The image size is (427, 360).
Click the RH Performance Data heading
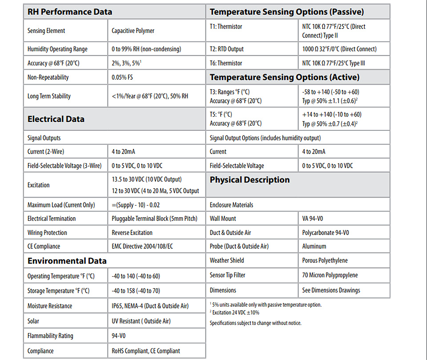point(70,12)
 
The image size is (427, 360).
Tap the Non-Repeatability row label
point(48,77)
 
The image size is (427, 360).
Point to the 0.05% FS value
point(122,77)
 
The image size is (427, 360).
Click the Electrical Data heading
point(56,119)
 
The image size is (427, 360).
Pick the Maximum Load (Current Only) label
point(61,205)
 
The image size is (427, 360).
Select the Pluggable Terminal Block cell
point(154,218)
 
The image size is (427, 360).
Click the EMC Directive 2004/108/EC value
point(142,247)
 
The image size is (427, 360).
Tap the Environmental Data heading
point(67,261)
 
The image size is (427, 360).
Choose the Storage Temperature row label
point(58,291)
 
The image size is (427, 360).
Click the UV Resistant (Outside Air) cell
point(141,321)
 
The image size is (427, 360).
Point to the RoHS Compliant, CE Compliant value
point(146,351)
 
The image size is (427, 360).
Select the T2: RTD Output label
point(226,49)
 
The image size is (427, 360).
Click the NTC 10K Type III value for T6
point(334,63)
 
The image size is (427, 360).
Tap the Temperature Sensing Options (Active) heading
point(285,77)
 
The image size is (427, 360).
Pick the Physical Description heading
point(250,180)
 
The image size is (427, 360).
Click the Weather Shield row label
point(227,260)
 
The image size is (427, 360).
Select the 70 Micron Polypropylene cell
point(330,275)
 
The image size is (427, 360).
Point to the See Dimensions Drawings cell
point(331,291)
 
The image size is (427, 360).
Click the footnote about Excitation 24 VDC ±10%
point(234,312)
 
